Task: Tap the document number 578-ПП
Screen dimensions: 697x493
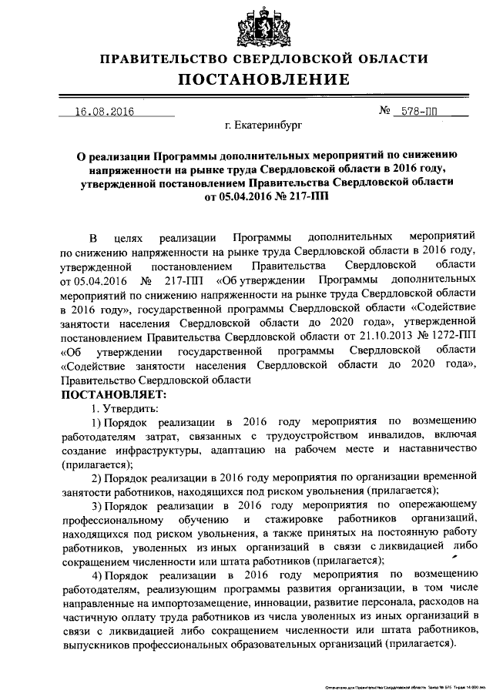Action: [x=420, y=112]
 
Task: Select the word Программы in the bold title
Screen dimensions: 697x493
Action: [x=186, y=153]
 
